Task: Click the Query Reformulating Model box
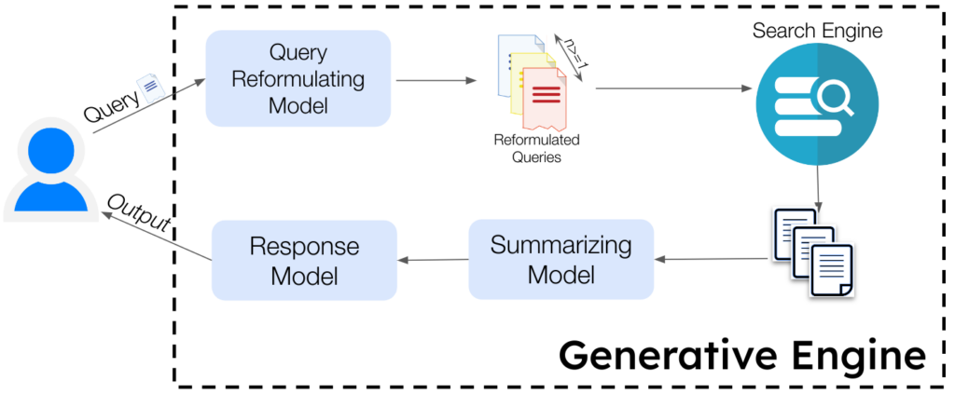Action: pyautogui.click(x=298, y=79)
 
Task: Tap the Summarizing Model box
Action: pyautogui.click(x=560, y=260)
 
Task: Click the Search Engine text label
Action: pyautogui.click(x=817, y=32)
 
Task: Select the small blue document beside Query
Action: pyautogui.click(x=148, y=89)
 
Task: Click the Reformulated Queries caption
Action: pyautogui.click(x=536, y=148)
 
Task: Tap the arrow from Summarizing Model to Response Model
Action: pyautogui.click(x=433, y=260)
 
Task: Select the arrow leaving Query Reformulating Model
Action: pyautogui.click(x=430, y=80)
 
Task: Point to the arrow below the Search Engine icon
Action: pyautogui.click(x=818, y=187)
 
